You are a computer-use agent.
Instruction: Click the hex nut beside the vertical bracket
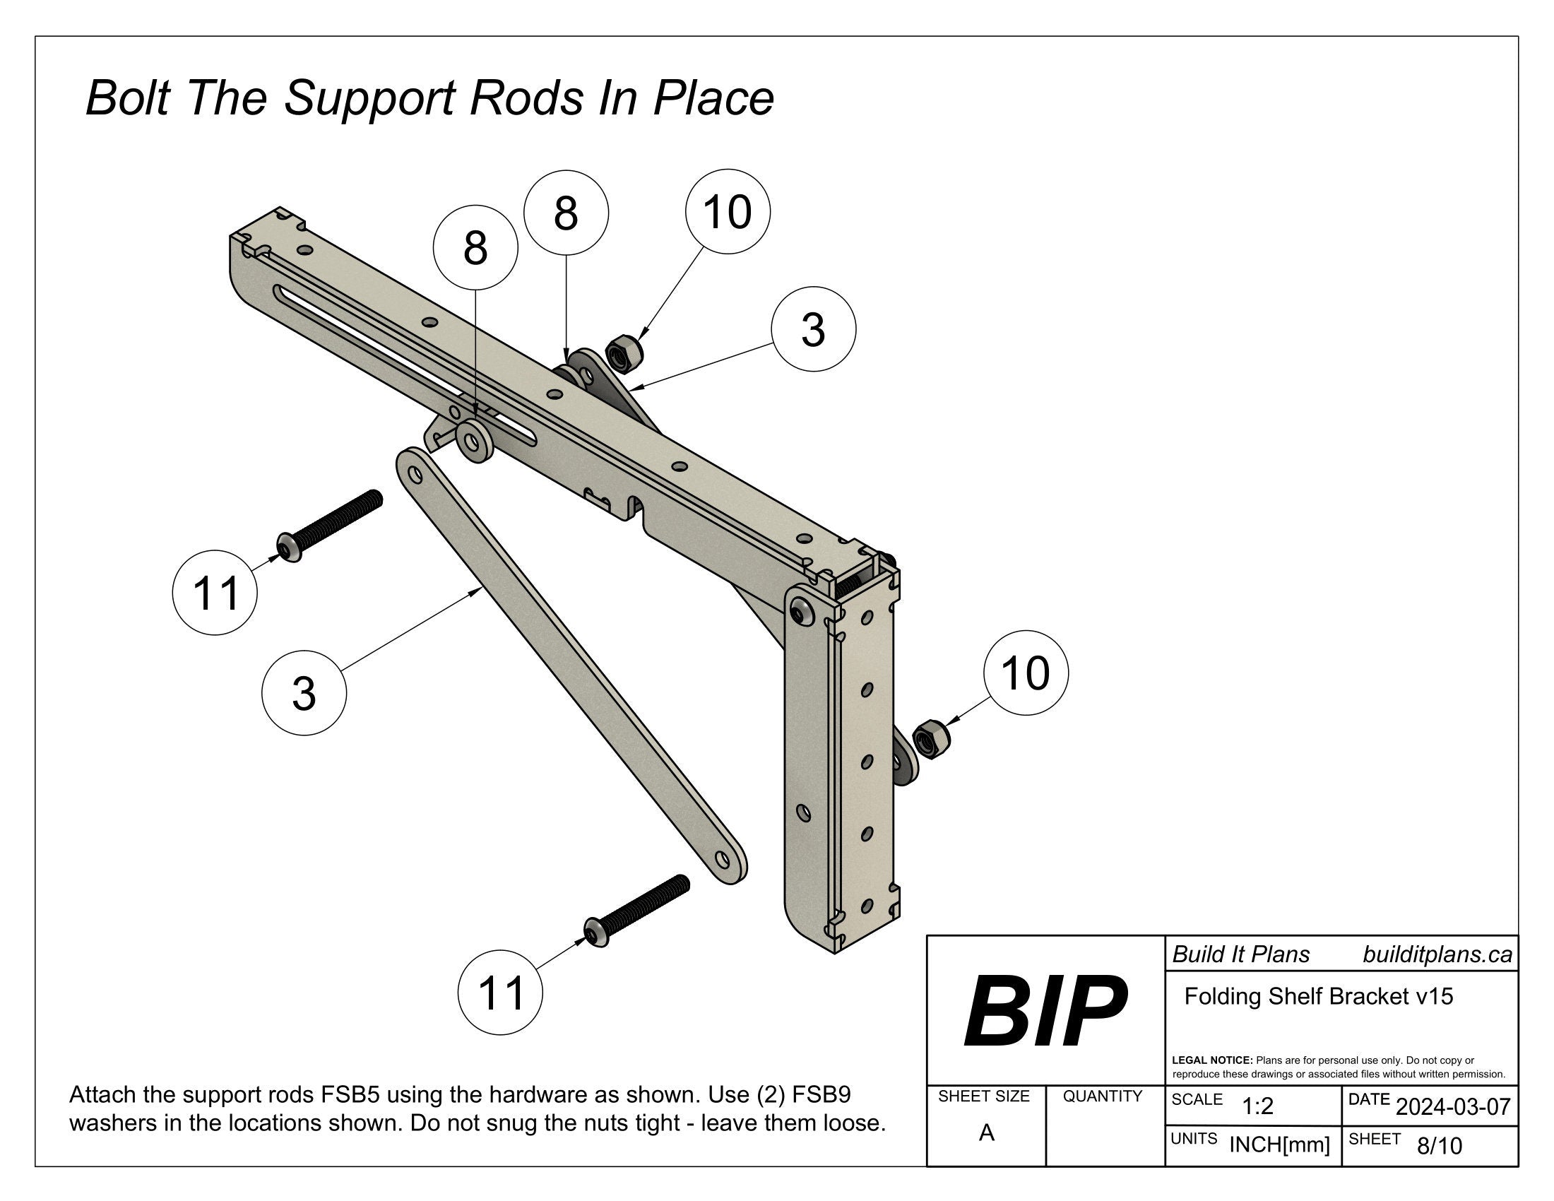(x=930, y=739)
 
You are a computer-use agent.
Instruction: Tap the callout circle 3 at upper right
(x=813, y=329)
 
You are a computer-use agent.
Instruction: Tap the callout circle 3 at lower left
(x=304, y=692)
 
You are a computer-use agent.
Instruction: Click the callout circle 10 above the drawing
(x=727, y=212)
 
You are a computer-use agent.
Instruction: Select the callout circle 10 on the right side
(x=1026, y=673)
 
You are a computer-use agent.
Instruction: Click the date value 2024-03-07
(x=1452, y=1106)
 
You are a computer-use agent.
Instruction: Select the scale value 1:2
(x=1257, y=1106)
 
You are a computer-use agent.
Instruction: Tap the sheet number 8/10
(x=1440, y=1145)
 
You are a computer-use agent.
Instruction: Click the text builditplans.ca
(x=1437, y=954)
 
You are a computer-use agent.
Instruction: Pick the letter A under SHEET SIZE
(x=986, y=1132)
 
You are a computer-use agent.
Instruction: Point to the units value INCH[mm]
(x=1279, y=1144)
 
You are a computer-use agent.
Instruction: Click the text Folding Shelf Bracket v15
(x=1318, y=996)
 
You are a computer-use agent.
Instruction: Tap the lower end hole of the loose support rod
(x=723, y=860)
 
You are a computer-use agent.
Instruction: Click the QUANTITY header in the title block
(x=1102, y=1096)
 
